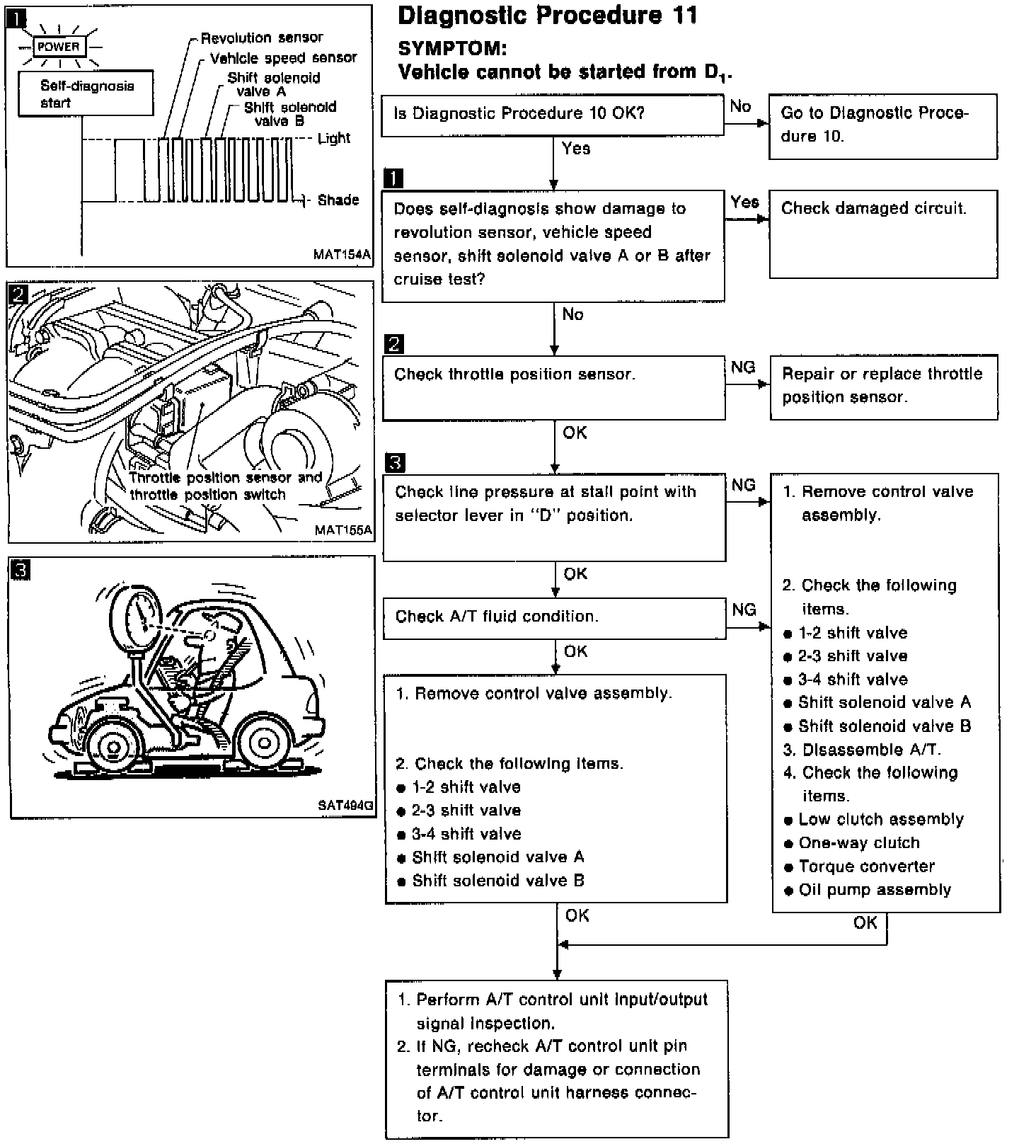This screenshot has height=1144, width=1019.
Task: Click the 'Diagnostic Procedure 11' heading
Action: point(547,16)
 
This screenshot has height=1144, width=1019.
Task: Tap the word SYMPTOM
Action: point(452,48)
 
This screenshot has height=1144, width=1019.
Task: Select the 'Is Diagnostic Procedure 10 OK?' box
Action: point(552,115)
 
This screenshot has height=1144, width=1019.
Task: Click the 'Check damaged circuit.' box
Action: point(882,233)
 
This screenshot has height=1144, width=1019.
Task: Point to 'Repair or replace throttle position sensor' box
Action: point(883,387)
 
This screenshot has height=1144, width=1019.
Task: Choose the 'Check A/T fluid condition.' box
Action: point(553,618)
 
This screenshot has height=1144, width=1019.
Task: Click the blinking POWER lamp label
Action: point(59,47)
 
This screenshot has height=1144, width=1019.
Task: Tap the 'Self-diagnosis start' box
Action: point(86,93)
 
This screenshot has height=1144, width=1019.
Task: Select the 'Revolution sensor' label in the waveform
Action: point(261,38)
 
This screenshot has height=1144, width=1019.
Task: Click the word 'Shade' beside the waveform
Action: point(338,200)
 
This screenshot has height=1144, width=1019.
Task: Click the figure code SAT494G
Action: point(345,805)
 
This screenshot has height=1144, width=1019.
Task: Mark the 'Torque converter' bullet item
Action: point(866,866)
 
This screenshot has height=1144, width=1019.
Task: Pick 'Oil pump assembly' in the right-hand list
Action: point(874,890)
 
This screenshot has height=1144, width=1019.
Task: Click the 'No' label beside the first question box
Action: point(740,106)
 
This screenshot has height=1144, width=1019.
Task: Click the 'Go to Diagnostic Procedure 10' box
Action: point(882,125)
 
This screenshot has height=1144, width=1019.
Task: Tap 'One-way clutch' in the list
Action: point(858,843)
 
